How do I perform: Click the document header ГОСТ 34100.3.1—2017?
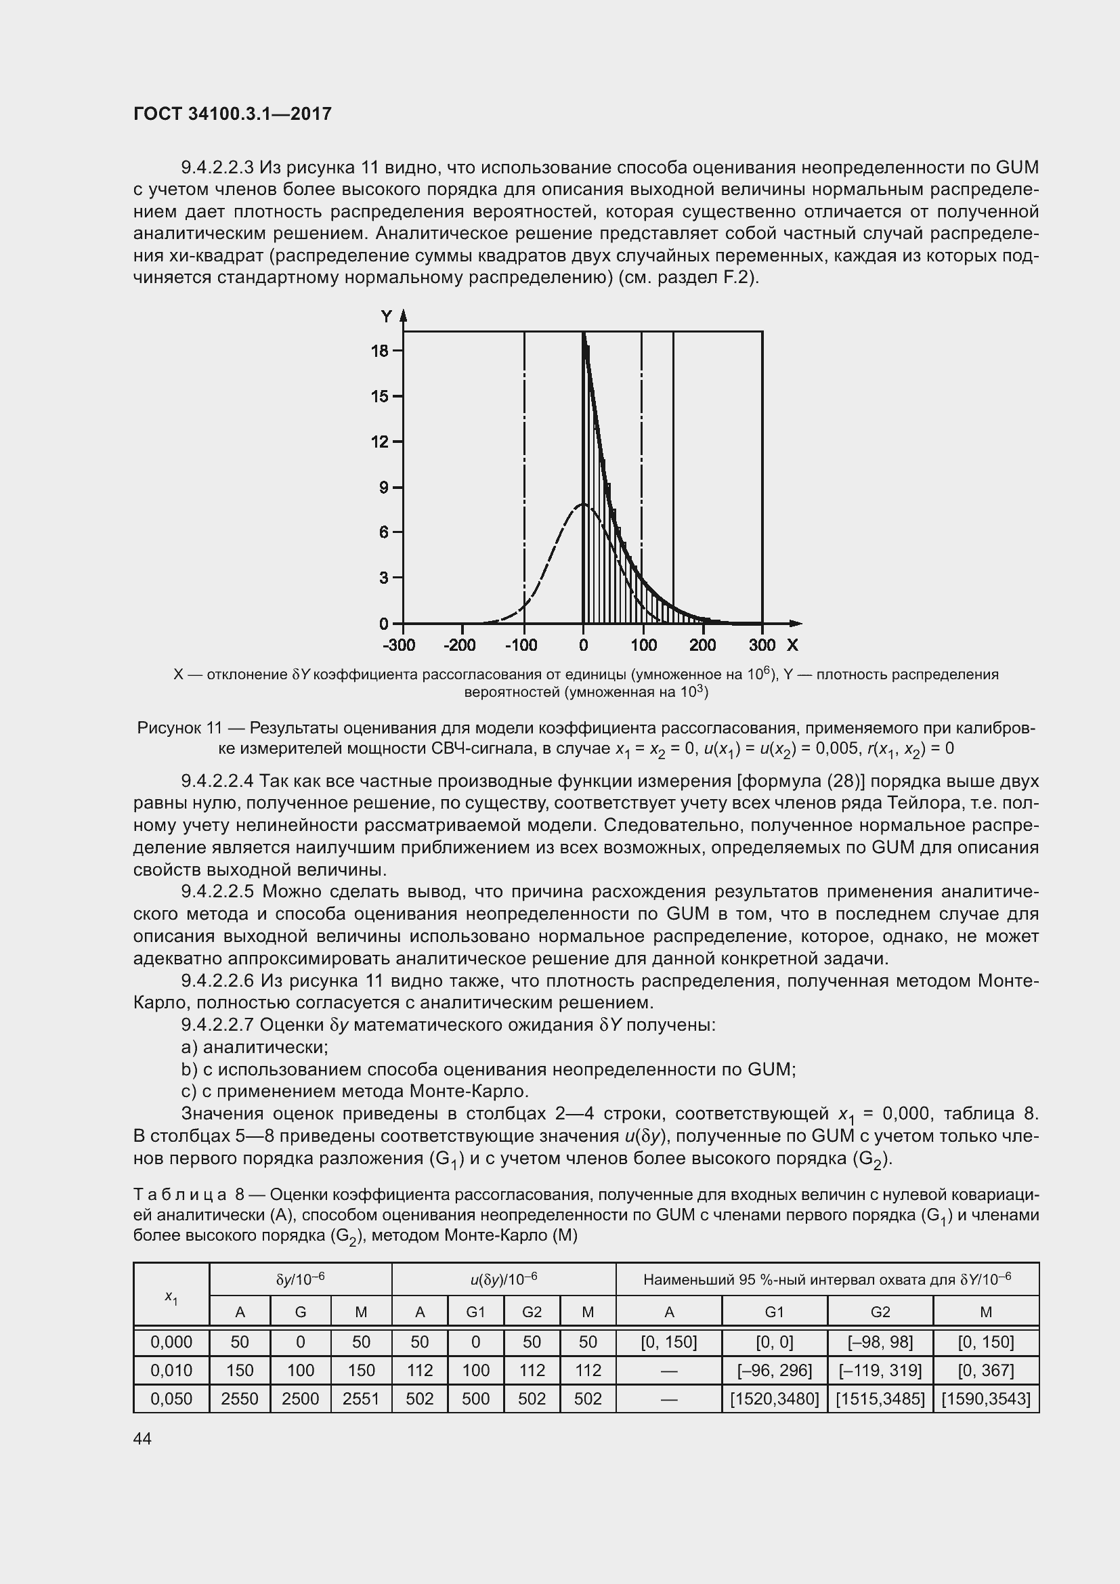click(x=232, y=114)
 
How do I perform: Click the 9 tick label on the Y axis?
click(x=384, y=488)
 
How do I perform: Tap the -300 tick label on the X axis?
click(x=399, y=646)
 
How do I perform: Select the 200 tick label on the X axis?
click(x=703, y=646)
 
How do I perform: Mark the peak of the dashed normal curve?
click(x=583, y=505)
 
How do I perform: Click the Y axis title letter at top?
click(x=387, y=317)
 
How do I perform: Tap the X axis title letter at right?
click(x=792, y=646)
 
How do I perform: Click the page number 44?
click(x=143, y=1438)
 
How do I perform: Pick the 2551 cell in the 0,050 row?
click(x=361, y=1398)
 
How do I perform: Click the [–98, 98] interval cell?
click(x=880, y=1342)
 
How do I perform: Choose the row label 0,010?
click(x=171, y=1370)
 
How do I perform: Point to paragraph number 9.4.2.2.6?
click(x=217, y=981)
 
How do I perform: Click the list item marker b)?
click(x=190, y=1069)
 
